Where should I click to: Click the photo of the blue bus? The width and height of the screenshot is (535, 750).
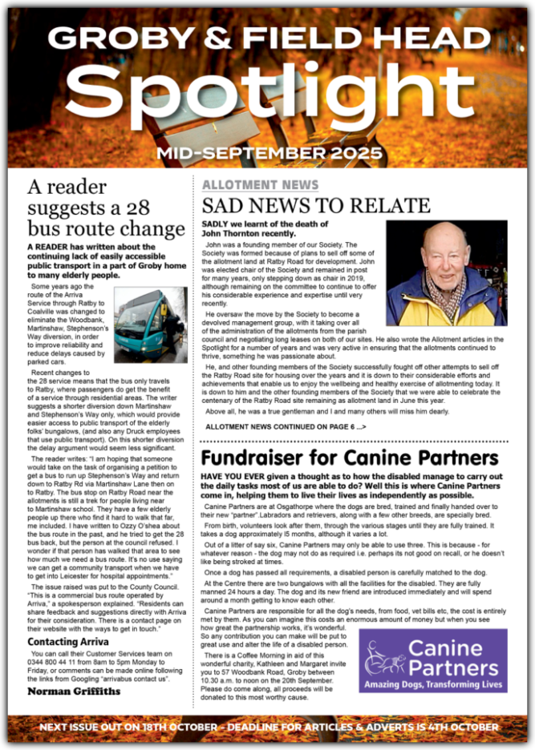(150, 324)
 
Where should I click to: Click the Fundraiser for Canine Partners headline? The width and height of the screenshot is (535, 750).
(349, 458)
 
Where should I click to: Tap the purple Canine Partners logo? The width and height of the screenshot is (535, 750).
(432, 660)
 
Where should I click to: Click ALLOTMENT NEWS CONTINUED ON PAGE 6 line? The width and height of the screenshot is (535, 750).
(286, 427)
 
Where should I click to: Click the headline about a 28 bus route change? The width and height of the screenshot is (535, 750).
(105, 208)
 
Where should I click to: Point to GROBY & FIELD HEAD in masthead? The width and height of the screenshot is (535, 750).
(267, 38)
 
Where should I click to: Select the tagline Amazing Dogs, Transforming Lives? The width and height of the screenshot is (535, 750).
(432, 684)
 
